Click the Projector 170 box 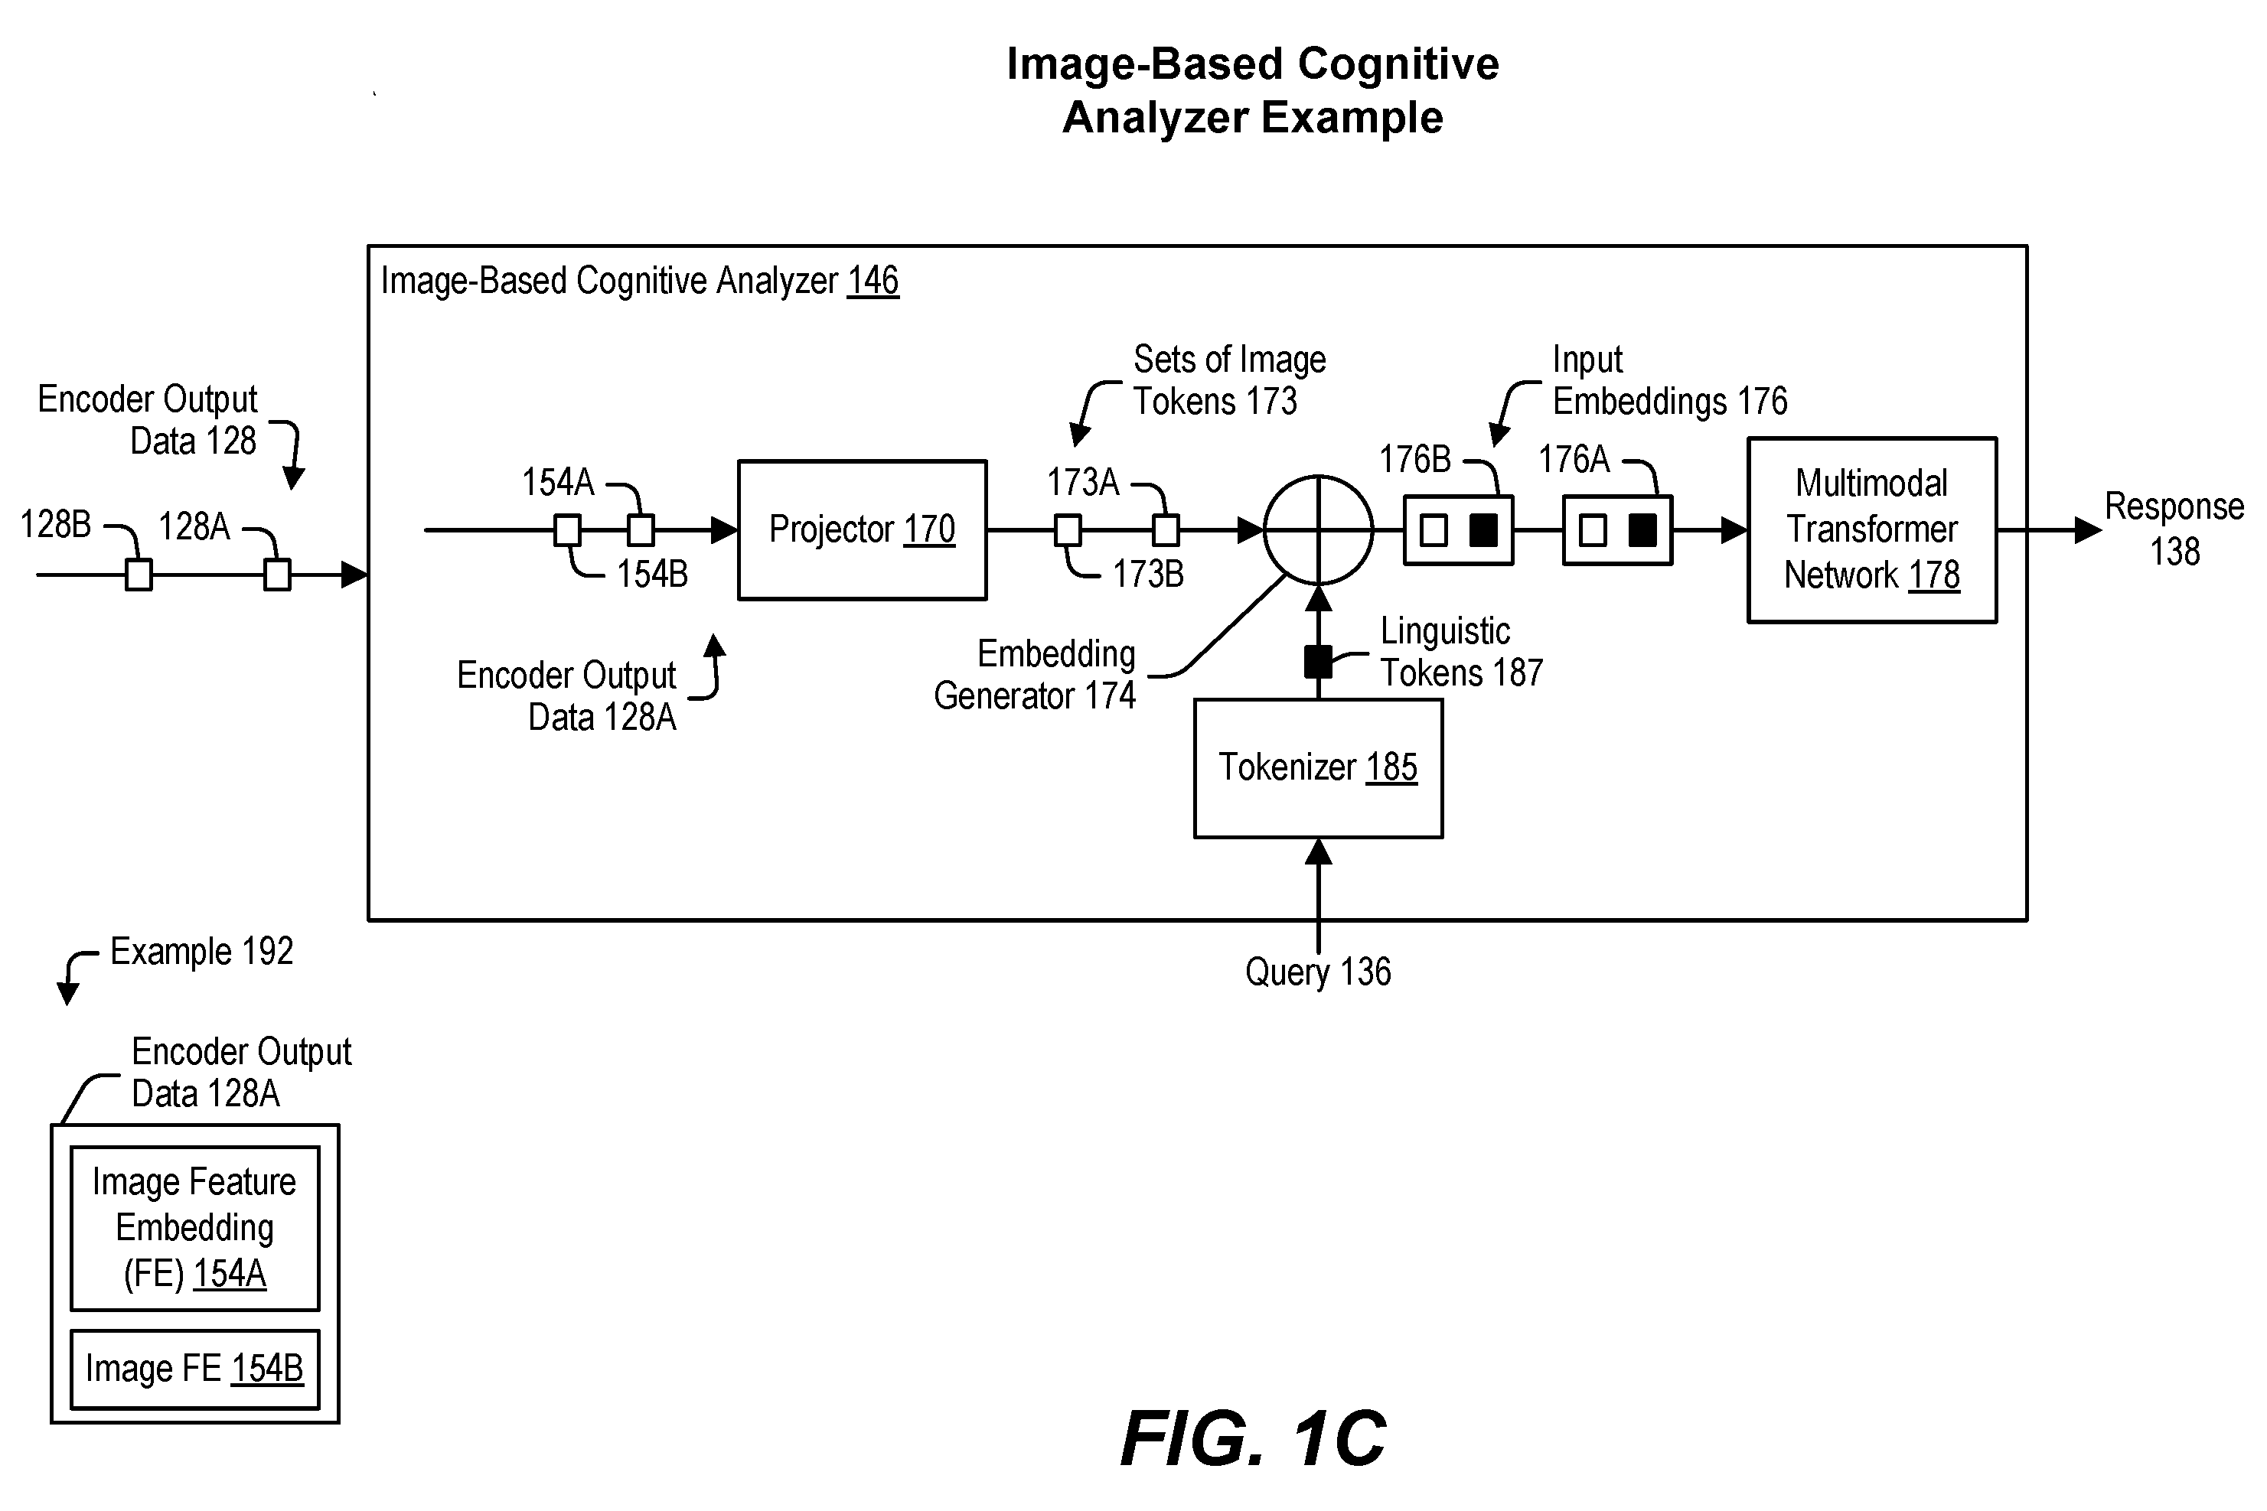tap(862, 530)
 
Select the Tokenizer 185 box tap(1319, 768)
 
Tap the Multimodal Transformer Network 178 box tap(1872, 530)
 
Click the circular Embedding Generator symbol tap(1318, 530)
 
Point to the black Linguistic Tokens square tap(1318, 662)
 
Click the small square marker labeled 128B tap(139, 575)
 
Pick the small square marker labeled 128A tap(278, 575)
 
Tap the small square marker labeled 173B tap(1068, 530)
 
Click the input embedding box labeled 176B tap(1458, 530)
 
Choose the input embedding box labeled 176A tap(1617, 530)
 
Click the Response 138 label tap(2174, 529)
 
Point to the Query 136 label tap(1318, 972)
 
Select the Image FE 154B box tap(194, 1369)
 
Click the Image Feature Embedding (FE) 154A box tap(194, 1229)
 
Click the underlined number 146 tap(873, 282)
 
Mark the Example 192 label tap(201, 952)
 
